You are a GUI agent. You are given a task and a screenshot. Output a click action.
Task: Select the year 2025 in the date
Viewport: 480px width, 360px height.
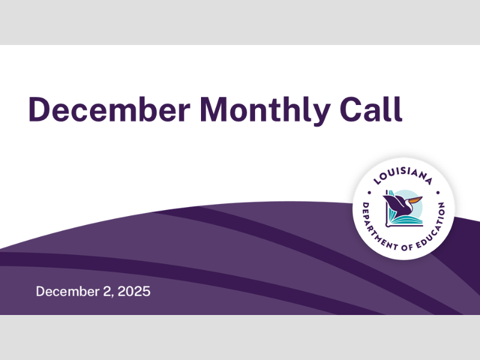point(134,292)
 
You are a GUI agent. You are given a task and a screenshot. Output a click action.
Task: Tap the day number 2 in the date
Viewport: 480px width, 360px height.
point(106,292)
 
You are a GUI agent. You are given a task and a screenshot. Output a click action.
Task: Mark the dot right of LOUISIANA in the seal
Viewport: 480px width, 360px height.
point(438,193)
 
